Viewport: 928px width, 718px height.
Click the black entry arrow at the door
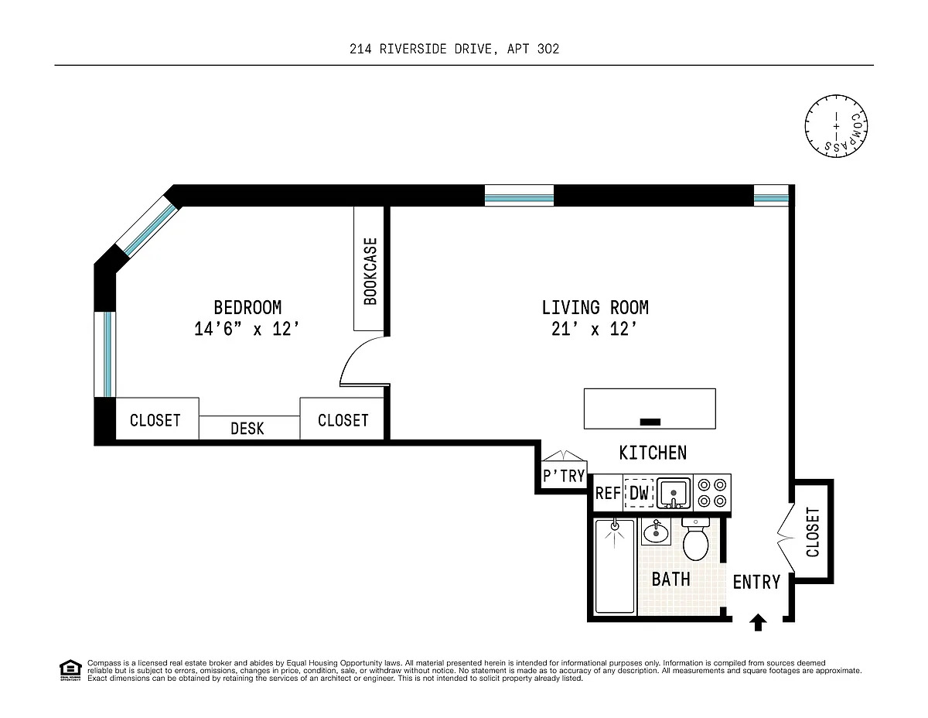pos(758,622)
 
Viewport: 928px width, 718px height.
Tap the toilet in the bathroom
pos(695,538)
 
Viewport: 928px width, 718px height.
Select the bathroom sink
pos(656,532)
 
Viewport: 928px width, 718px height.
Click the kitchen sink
pos(674,493)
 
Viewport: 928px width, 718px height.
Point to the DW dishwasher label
pos(639,494)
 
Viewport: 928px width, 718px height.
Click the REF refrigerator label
pos(608,494)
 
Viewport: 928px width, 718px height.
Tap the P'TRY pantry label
pos(564,475)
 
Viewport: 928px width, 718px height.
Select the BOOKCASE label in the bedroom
pos(370,272)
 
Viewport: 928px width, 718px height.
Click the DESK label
pos(247,429)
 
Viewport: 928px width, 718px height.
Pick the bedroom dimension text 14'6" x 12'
pos(247,329)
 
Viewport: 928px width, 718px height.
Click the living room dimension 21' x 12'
pos(594,329)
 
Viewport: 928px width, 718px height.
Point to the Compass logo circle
pos(836,126)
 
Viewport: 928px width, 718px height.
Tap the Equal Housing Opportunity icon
pos(70,670)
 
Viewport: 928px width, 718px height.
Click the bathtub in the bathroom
pos(615,566)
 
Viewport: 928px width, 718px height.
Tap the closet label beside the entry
pos(813,532)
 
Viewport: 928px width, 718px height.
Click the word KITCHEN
pos(653,453)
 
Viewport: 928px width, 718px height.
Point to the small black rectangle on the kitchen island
pos(650,422)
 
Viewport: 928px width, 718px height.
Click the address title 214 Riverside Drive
pos(454,49)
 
